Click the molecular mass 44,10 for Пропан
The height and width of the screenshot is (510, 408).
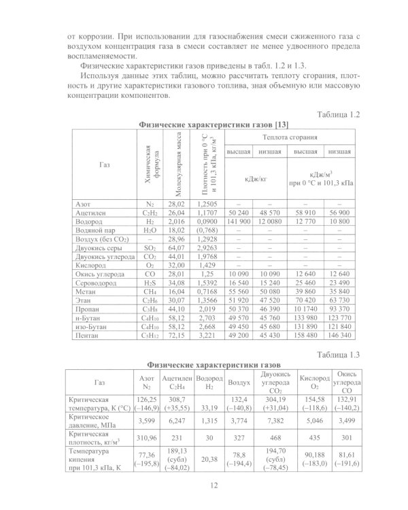tap(177, 308)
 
